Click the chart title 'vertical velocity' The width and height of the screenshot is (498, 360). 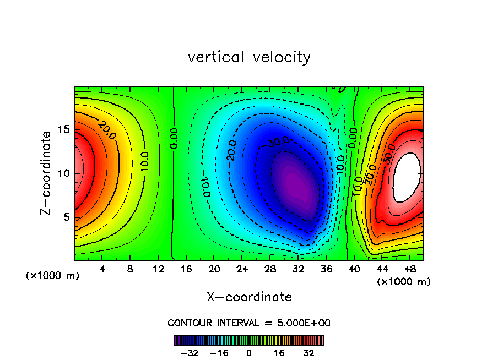[249, 57]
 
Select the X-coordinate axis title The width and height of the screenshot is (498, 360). [249, 297]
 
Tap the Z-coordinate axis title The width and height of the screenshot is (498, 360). [47, 173]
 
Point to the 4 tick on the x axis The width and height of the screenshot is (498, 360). [102, 269]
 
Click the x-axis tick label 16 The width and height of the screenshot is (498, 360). [186, 269]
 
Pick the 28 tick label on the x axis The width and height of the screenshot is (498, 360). [270, 269]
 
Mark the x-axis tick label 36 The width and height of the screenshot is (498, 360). [326, 269]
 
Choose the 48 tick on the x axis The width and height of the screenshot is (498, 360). [409, 269]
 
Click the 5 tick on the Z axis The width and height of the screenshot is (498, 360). [66, 217]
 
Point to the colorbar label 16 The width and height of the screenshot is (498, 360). [279, 353]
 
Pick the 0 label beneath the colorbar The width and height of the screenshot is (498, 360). [249, 353]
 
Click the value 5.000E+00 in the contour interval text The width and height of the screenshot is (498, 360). [300, 323]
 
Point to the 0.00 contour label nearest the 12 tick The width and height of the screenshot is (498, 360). [174, 139]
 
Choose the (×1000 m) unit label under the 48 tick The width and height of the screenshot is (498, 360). [404, 282]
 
